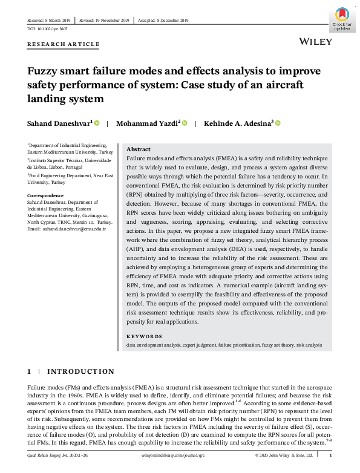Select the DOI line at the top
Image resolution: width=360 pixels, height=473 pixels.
pos(48,28)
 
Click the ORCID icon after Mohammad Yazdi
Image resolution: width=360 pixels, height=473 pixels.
pos(185,123)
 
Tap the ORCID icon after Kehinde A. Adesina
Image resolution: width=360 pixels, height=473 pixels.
pos(278,123)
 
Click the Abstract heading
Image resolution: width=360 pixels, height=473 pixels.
pos(138,149)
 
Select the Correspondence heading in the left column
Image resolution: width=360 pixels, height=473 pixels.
pos(45,195)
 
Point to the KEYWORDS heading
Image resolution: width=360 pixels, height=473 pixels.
pos(144,336)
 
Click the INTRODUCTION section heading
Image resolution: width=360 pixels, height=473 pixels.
pos(80,371)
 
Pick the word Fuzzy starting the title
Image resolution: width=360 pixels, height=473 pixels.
pos(44,71)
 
